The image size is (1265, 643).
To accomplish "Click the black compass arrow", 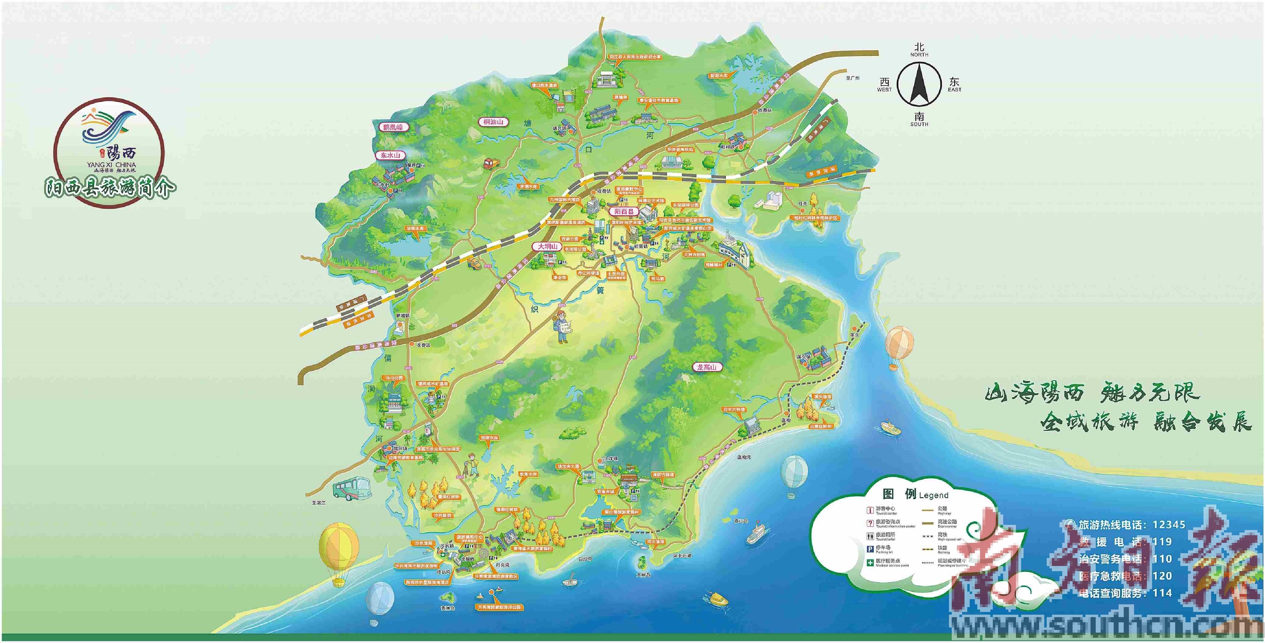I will pos(919,86).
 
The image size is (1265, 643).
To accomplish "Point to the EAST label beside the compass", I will pos(955,90).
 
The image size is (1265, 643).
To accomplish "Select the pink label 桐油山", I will pos(493,122).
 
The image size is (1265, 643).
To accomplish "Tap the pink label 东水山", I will pos(390,155).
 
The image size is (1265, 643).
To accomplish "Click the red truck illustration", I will pos(491,163).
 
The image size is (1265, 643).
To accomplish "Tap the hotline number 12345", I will pos(1169,525).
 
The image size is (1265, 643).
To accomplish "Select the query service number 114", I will pos(1162,593).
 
